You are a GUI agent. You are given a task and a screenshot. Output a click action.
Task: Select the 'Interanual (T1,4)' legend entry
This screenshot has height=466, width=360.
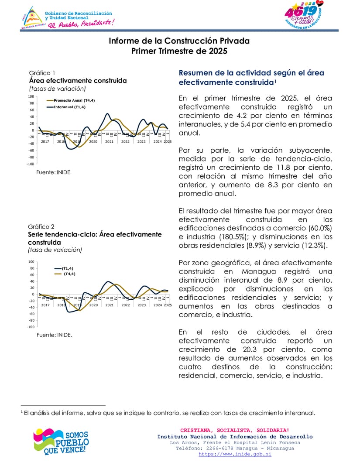click(x=69, y=107)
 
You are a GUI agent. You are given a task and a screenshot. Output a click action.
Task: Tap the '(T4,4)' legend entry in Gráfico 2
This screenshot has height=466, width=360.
click(x=69, y=274)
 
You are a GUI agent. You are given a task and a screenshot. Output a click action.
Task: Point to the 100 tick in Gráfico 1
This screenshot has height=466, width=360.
click(x=31, y=96)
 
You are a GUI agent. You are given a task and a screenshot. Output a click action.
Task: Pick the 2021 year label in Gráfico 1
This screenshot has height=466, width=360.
click(x=109, y=141)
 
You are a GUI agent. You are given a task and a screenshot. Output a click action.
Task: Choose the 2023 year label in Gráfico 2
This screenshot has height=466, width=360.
click(x=141, y=305)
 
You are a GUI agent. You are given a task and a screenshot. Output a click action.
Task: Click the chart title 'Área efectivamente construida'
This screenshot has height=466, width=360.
click(x=78, y=81)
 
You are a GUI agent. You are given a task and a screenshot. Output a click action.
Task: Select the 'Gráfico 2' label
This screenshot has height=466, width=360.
click(x=41, y=226)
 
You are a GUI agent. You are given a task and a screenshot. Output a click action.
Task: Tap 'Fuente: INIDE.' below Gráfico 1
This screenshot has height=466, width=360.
click(x=54, y=172)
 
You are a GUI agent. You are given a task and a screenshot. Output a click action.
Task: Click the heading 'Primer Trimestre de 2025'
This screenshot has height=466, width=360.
click(x=179, y=51)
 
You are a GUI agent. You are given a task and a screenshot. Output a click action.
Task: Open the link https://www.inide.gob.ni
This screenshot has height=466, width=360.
click(x=235, y=454)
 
